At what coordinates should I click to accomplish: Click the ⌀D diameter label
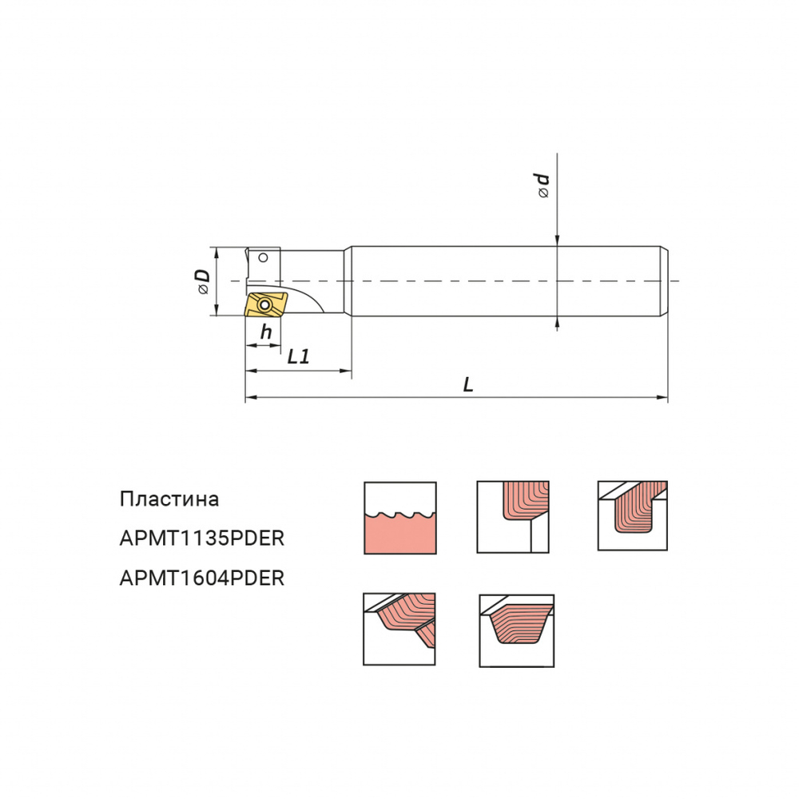click(x=203, y=282)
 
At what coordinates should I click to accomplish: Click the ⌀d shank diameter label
click(x=543, y=185)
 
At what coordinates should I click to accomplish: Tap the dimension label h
click(x=265, y=332)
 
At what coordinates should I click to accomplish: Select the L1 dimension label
click(x=298, y=356)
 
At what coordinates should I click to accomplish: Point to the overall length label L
click(x=467, y=384)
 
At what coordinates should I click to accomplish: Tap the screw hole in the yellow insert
click(x=264, y=305)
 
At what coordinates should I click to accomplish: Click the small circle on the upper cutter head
click(x=263, y=257)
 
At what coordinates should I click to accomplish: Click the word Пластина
click(x=169, y=499)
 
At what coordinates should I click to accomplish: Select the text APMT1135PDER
click(x=202, y=538)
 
